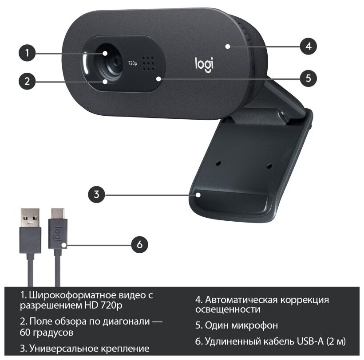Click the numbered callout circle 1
click(x=28, y=54)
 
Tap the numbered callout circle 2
click(x=28, y=81)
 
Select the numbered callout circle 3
click(x=97, y=194)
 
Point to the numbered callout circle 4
click(x=308, y=45)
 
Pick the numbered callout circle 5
click(x=308, y=78)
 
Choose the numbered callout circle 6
click(x=139, y=244)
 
